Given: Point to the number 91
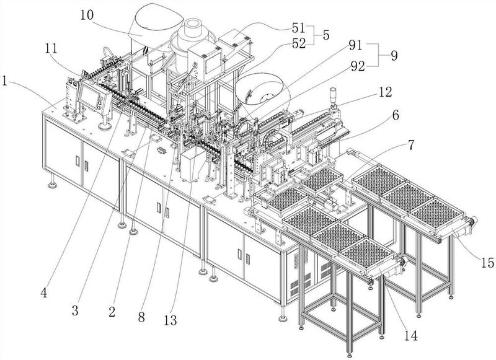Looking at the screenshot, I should pyautogui.click(x=356, y=46).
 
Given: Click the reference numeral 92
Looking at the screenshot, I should pyautogui.click(x=356, y=63).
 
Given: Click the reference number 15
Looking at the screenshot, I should pyautogui.click(x=487, y=263).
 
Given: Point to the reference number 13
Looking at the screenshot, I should pyautogui.click(x=170, y=320).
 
